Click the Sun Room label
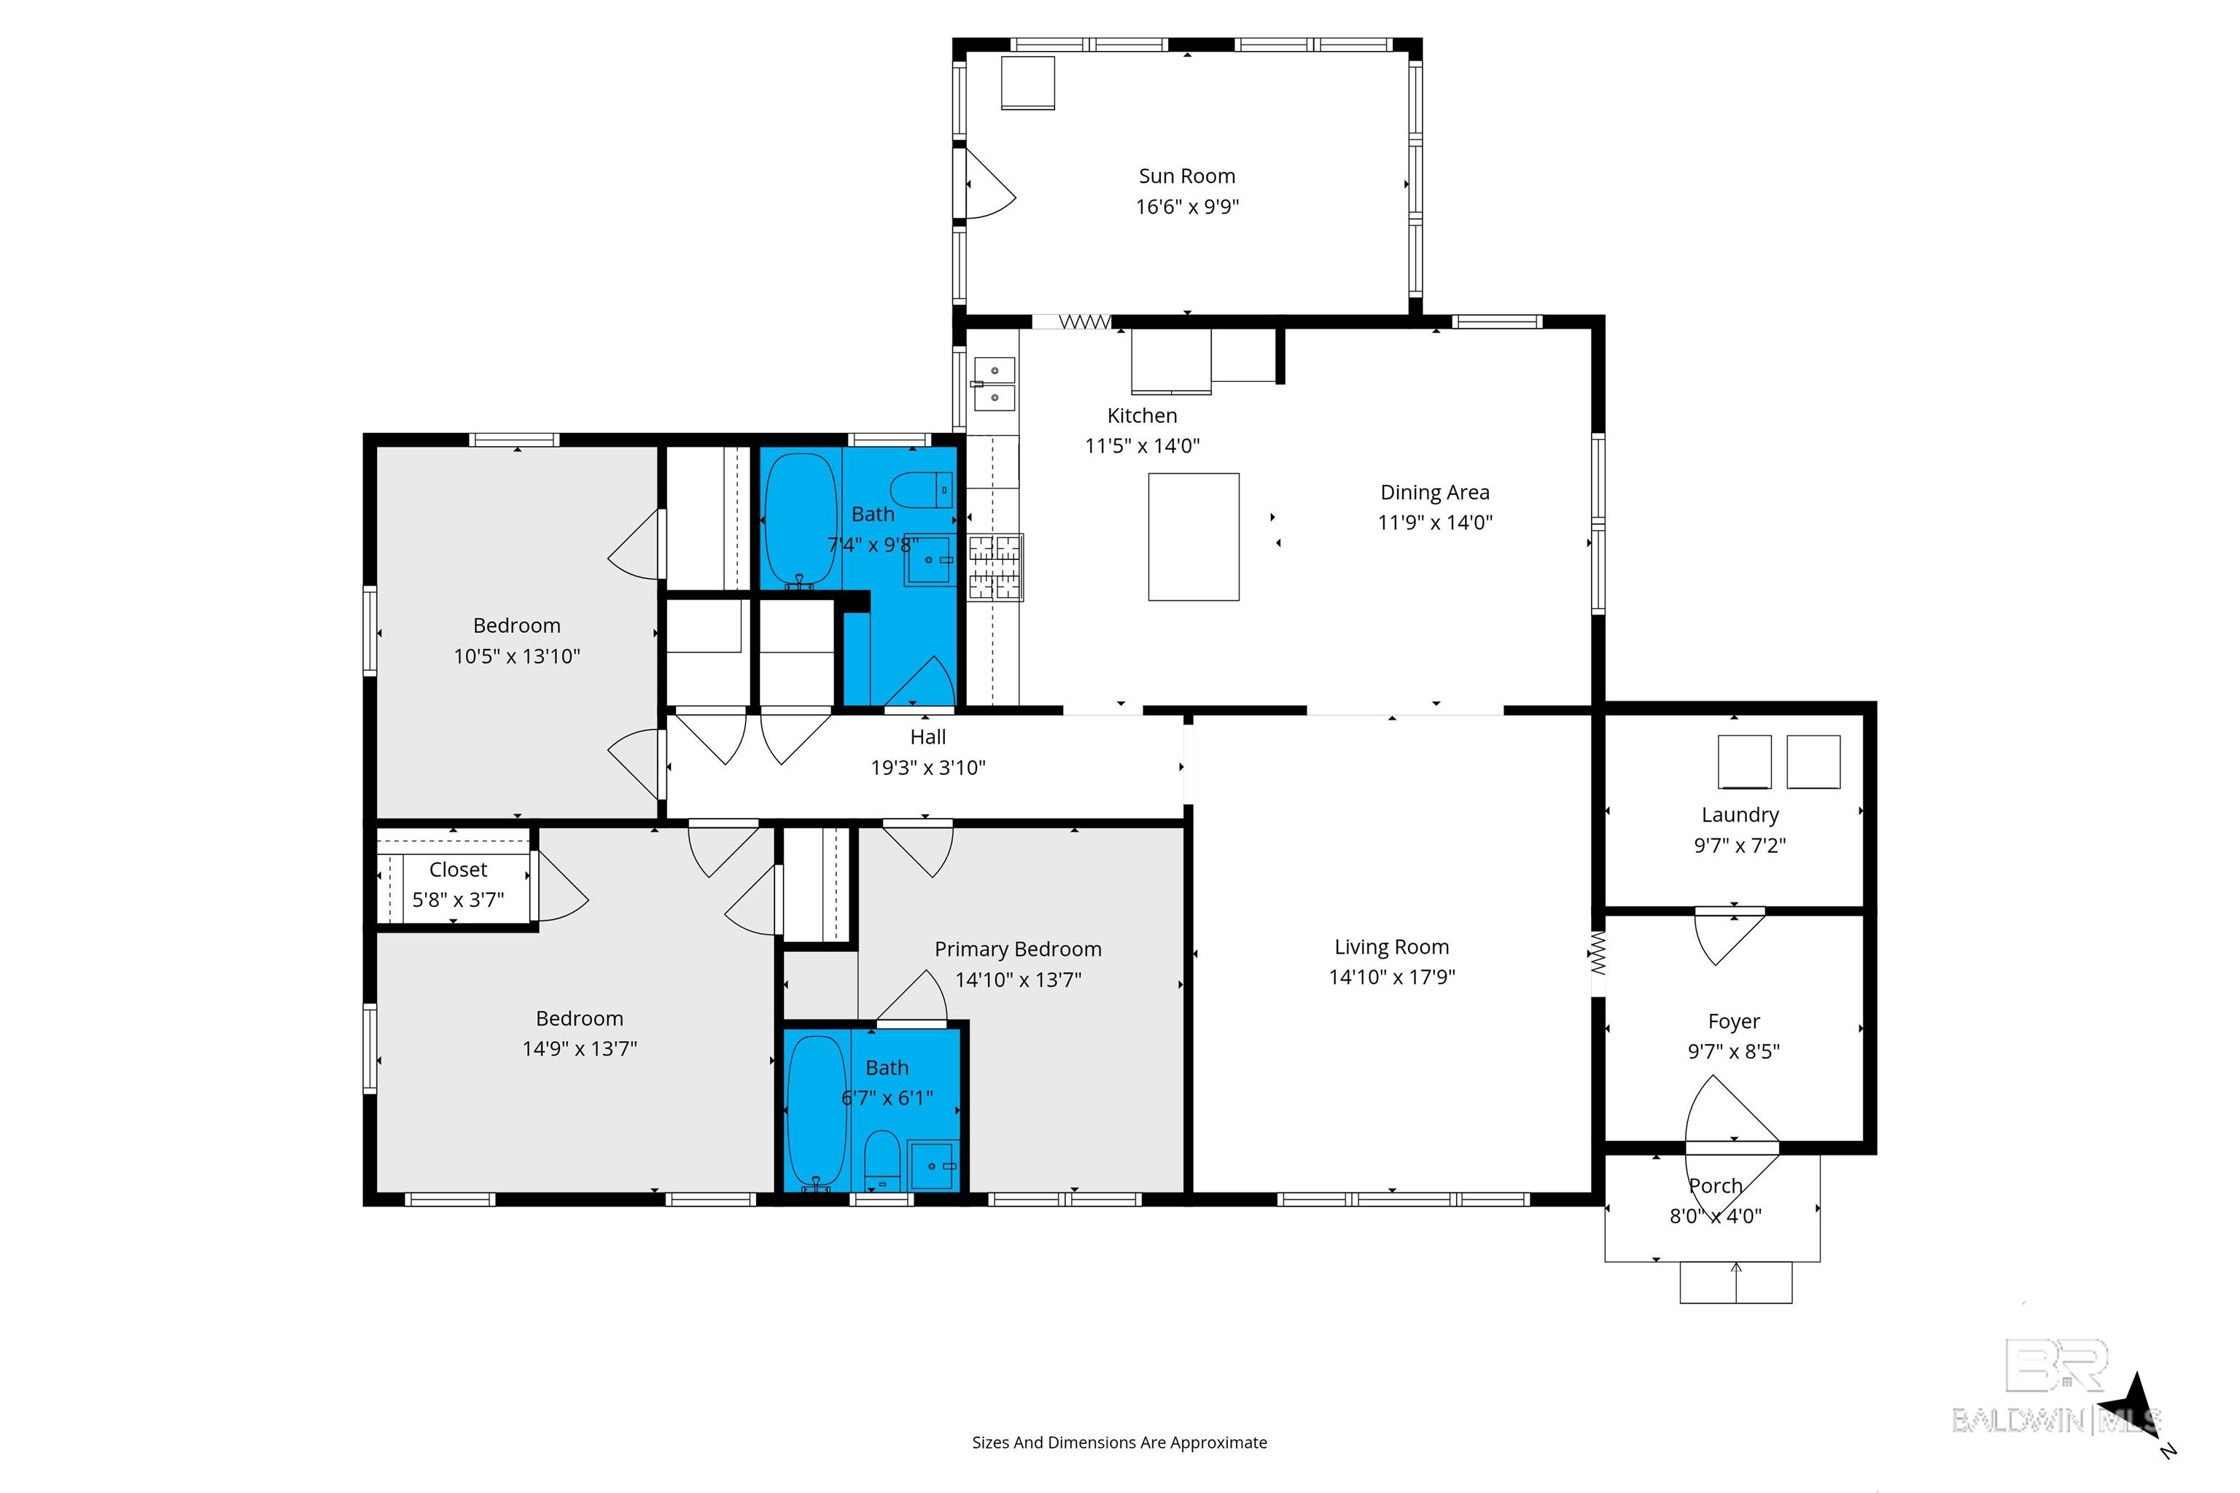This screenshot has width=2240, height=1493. pos(1186,176)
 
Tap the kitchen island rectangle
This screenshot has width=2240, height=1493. pos(1194,537)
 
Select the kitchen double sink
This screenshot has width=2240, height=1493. pos(995,383)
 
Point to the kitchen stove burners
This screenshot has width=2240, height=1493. pos(995,566)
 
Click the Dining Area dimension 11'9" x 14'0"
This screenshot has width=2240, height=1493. pos(1435,523)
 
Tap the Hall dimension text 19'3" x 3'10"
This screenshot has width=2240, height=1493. pos(927,768)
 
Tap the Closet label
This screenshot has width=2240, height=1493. pos(458,869)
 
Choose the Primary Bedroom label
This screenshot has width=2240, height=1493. pos(1018,949)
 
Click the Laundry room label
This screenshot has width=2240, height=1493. pos(1740,815)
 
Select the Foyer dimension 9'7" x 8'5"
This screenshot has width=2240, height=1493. pos(1733,1052)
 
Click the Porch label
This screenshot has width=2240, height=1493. pos(1715,1186)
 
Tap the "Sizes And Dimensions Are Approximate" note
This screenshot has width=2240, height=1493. pos(1119,1443)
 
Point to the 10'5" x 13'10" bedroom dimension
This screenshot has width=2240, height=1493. pos(516,656)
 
